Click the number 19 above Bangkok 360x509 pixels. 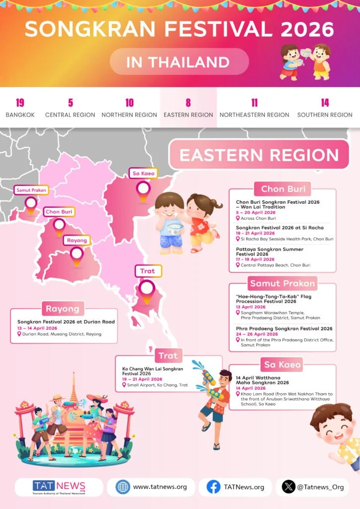click(20, 103)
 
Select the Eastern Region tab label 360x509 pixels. click(188, 115)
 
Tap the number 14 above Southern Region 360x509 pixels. click(325, 103)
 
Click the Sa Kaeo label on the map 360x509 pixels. click(143, 173)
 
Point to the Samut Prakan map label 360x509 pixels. click(31, 190)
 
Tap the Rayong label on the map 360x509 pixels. click(77, 241)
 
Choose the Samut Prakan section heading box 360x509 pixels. click(282, 283)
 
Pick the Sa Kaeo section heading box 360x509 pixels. click(282, 364)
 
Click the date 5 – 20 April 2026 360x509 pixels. click(256, 212)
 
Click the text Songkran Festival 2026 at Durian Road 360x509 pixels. click(66, 322)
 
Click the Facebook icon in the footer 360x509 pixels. click(213, 487)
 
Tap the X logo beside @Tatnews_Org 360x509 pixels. click(288, 487)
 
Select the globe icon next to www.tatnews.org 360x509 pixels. click(123, 487)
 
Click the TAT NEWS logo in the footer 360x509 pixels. click(59, 487)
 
